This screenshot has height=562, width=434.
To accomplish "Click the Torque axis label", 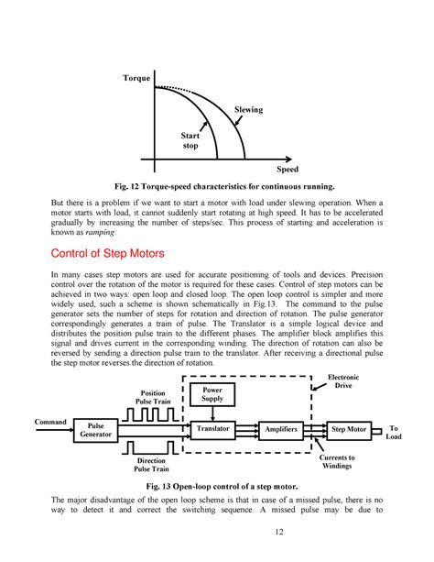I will pos(136,79).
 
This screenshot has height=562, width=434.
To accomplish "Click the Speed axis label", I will pos(288,171).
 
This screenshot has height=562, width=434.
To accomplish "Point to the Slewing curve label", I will pos(247,110).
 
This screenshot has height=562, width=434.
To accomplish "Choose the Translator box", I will pos(211,428).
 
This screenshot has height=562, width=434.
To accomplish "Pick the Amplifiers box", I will pos(279,428).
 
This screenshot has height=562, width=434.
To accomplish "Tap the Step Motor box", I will pos(348,428).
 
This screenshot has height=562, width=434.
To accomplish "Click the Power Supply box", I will pos(212,394).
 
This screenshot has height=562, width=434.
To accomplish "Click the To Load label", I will pos(395,432).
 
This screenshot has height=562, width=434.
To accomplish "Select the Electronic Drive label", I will pos(345,380).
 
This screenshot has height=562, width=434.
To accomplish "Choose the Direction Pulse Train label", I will pos(151,466).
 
